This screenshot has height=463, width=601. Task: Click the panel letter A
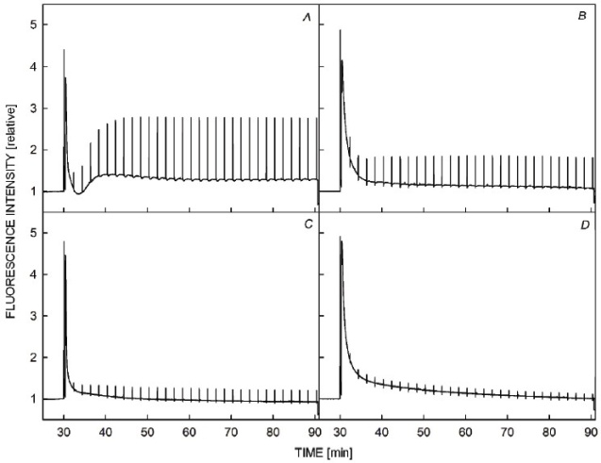306,13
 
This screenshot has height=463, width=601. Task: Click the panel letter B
583,13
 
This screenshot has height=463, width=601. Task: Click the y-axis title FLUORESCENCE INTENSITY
11,226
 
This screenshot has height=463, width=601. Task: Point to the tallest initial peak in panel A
63,49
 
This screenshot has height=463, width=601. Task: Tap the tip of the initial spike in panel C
63,241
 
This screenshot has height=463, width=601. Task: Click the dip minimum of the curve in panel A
79,193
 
